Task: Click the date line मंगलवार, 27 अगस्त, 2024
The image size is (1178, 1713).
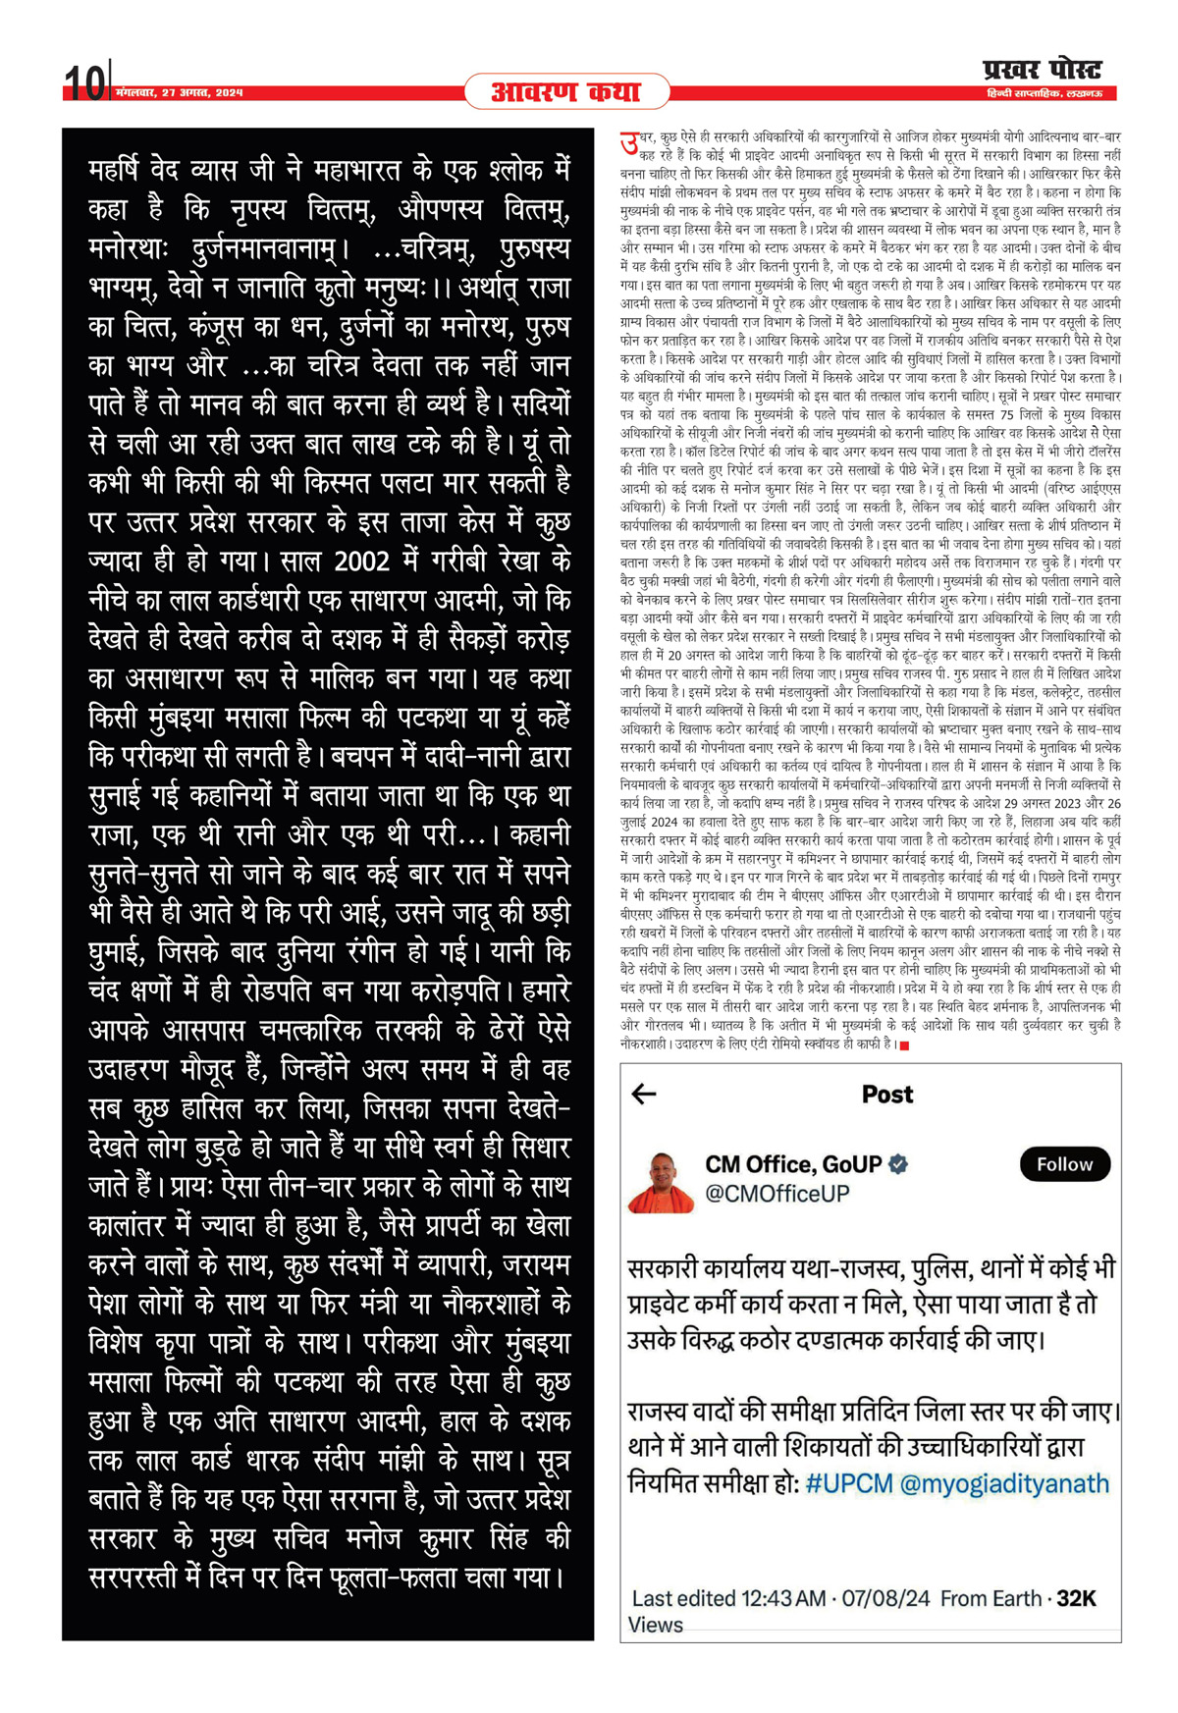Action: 179,93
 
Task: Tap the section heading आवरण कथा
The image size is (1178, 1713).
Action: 565,92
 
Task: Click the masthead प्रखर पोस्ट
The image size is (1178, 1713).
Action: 1042,71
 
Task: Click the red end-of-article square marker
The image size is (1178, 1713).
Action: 904,1045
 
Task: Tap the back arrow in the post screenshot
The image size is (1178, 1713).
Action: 644,1094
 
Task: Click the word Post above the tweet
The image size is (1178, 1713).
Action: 886,1095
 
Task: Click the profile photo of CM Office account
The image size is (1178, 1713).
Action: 660,1181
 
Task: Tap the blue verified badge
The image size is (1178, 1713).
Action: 897,1164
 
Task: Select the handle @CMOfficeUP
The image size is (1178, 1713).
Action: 776,1194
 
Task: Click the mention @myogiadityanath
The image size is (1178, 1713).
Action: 1004,1482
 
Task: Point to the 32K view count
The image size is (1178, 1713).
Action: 1076,1598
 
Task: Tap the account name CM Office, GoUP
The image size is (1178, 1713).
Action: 792,1164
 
